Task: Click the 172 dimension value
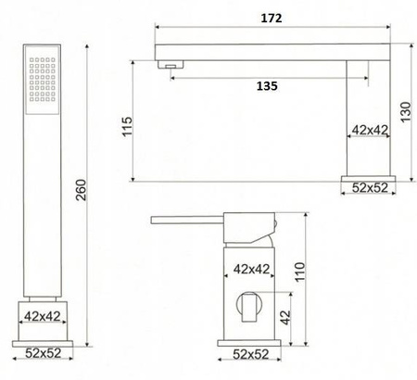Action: pyautogui.click(x=272, y=18)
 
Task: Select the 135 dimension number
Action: pyautogui.click(x=266, y=85)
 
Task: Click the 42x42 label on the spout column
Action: pyautogui.click(x=368, y=131)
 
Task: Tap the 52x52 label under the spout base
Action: pyautogui.click(x=370, y=188)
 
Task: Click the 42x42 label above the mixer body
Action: pyautogui.click(x=248, y=270)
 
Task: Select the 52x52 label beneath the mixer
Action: pyautogui.click(x=248, y=353)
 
